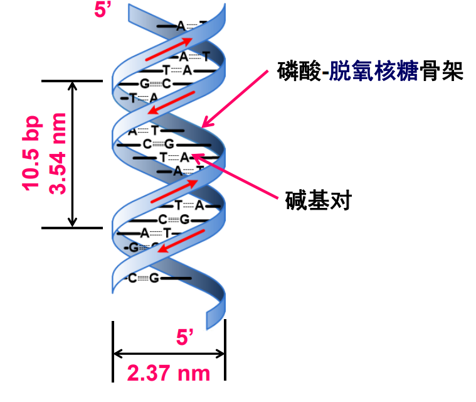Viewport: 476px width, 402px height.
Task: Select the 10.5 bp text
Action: point(31,153)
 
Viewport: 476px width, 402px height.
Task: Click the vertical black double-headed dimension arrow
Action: point(73,154)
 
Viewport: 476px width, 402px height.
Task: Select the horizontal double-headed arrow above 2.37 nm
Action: point(168,352)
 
